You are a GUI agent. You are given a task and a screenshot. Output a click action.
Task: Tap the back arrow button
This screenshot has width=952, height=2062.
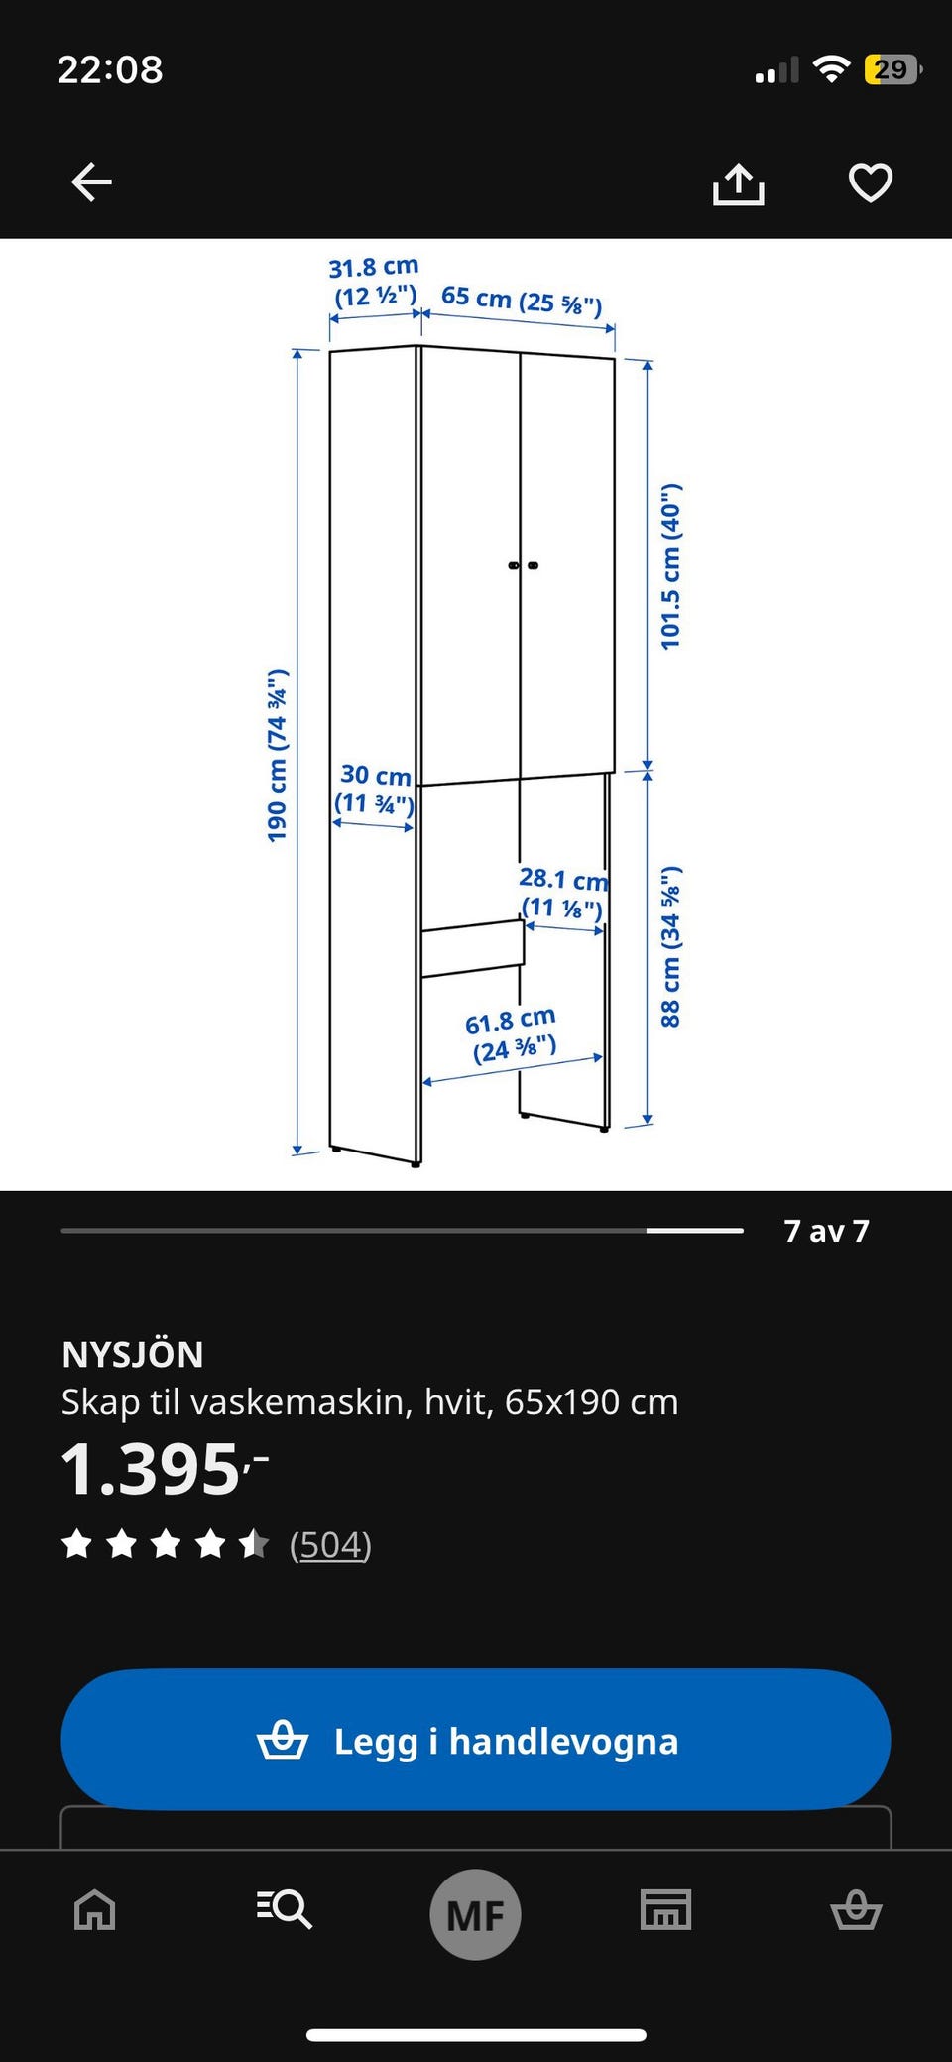[x=92, y=182]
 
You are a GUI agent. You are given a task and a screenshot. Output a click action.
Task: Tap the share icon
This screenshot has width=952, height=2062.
[x=739, y=183]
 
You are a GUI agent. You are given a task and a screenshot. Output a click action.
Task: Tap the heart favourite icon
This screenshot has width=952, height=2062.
[x=871, y=182]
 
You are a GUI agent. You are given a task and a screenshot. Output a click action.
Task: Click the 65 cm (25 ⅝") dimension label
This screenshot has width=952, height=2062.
[x=522, y=300]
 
